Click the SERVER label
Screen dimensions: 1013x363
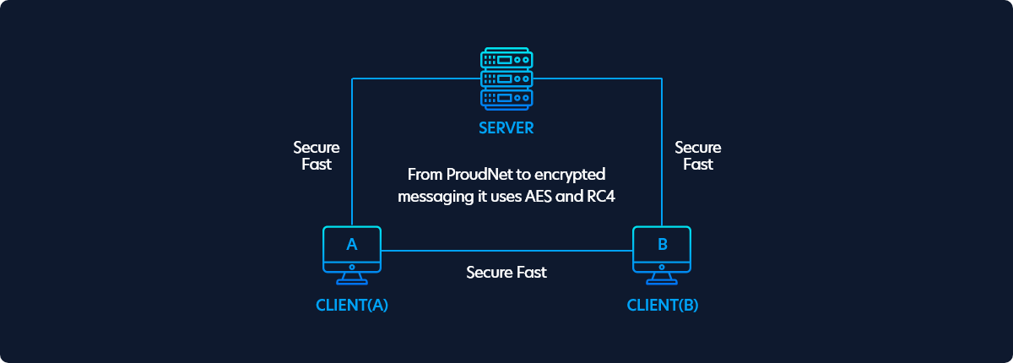(x=506, y=128)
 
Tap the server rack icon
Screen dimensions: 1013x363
(x=506, y=79)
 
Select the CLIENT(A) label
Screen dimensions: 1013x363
(x=352, y=305)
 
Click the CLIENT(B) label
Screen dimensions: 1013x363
(x=663, y=305)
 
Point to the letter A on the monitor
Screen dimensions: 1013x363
(x=352, y=245)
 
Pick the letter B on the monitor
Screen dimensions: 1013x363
(x=663, y=245)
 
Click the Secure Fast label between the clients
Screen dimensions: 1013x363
(x=506, y=272)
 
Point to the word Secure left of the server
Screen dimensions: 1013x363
(x=317, y=148)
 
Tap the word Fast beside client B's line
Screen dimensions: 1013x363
(x=698, y=164)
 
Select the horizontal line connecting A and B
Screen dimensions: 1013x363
(x=506, y=251)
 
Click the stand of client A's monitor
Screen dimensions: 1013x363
(x=352, y=279)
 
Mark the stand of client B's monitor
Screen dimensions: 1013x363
(x=662, y=279)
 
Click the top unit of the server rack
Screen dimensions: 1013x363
(x=506, y=58)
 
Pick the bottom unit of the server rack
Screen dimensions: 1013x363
(x=506, y=99)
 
